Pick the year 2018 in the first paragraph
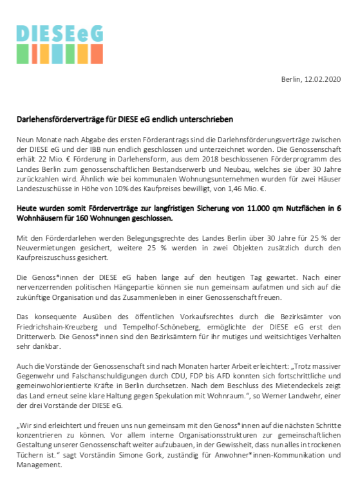point(205,159)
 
